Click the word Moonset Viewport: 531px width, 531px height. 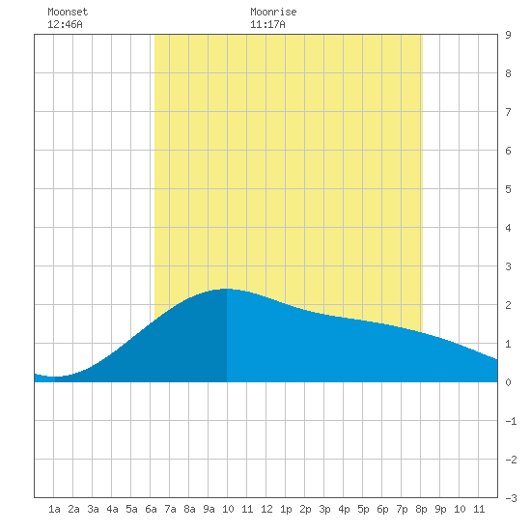click(x=68, y=12)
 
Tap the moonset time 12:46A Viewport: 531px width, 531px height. click(x=65, y=24)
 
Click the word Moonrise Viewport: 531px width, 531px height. click(x=273, y=12)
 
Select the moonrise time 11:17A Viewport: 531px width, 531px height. click(x=267, y=24)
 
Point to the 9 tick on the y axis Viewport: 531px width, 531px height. click(x=508, y=35)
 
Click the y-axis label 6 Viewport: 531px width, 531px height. click(x=508, y=151)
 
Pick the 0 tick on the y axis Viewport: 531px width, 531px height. click(x=508, y=382)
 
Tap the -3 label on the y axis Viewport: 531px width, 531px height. click(x=511, y=498)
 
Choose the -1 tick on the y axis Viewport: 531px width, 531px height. click(x=511, y=421)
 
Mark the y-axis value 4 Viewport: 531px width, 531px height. click(x=508, y=228)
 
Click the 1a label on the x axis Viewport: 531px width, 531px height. click(x=54, y=509)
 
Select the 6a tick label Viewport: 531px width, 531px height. click(x=151, y=509)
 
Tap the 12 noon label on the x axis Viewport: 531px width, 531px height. click(x=266, y=509)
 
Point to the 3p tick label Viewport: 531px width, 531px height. click(x=324, y=509)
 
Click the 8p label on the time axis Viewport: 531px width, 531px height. click(x=421, y=509)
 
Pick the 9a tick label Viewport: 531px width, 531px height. click(x=209, y=509)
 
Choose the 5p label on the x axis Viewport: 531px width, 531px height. click(x=363, y=509)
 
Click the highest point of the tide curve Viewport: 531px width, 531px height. click(x=227, y=289)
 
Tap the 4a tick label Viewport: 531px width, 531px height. click(x=112, y=509)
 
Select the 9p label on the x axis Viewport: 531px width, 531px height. click(x=440, y=509)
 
